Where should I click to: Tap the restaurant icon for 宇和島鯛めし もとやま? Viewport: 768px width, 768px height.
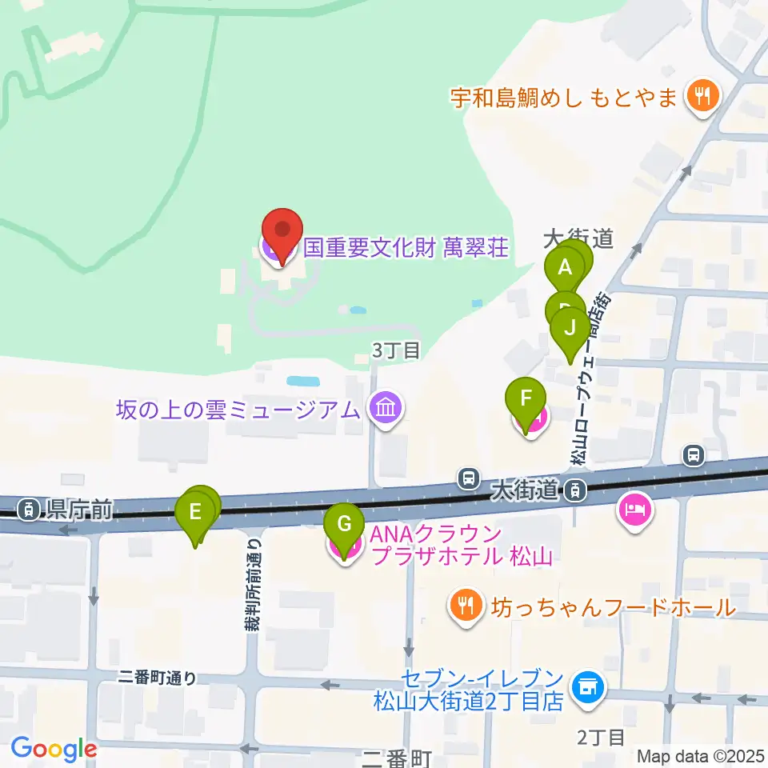pyautogui.click(x=702, y=98)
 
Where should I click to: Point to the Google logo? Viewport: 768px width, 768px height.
pyautogui.click(x=54, y=749)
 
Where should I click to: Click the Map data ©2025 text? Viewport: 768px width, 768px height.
pyautogui.click(x=701, y=755)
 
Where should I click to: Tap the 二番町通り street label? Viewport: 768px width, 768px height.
pyautogui.click(x=156, y=678)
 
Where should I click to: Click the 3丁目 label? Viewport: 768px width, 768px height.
pyautogui.click(x=395, y=350)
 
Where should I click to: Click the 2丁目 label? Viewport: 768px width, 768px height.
pyautogui.click(x=599, y=737)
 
